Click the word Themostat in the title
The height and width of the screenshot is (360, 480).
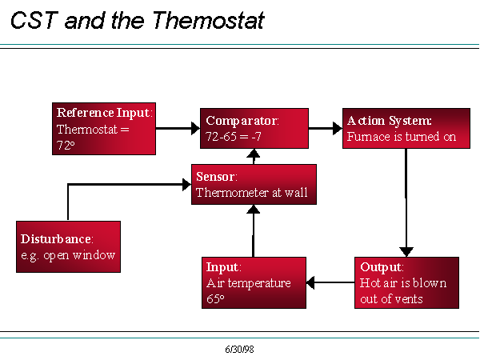(x=208, y=21)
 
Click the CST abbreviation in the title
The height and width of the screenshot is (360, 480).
(x=34, y=21)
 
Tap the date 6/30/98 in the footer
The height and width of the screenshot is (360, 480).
(x=239, y=350)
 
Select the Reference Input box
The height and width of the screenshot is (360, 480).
(x=104, y=129)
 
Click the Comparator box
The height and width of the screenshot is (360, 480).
(x=254, y=128)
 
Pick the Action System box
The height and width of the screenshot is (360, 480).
(x=406, y=128)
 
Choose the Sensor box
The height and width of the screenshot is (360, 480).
(x=254, y=184)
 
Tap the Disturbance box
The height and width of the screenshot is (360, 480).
(x=68, y=246)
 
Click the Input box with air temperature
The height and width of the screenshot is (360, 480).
(x=254, y=282)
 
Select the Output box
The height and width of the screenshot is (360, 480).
(x=406, y=282)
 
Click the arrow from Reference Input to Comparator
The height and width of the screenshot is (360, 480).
(x=178, y=128)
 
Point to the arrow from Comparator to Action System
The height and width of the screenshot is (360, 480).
(x=326, y=128)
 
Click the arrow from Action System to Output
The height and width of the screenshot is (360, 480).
(x=406, y=202)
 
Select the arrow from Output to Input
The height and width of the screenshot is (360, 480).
(x=330, y=282)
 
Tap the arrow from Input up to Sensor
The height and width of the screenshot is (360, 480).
(x=254, y=231)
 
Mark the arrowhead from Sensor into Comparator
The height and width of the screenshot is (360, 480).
(x=254, y=154)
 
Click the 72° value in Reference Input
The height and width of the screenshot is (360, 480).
(x=66, y=145)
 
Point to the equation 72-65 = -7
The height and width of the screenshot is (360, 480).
(x=234, y=137)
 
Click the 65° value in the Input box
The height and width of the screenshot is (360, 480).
(x=215, y=298)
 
